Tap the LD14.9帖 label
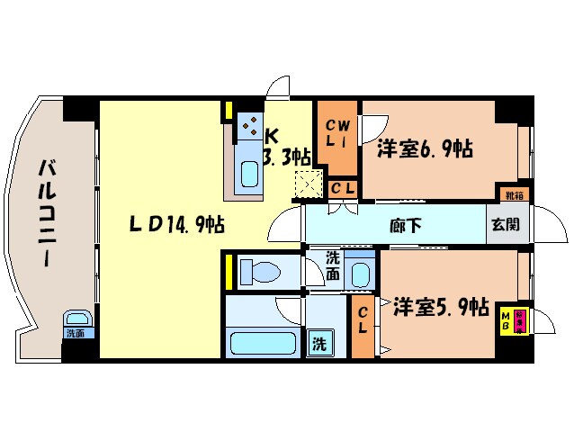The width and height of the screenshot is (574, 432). click(164, 225)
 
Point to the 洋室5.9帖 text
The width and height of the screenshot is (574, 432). click(440, 306)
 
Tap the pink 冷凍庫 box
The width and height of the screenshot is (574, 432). click(520, 319)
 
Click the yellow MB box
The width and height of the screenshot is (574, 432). click(507, 319)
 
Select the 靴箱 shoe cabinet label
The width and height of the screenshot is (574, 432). click(510, 192)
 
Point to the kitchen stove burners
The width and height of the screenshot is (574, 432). click(249, 129)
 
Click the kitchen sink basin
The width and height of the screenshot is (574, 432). click(248, 173)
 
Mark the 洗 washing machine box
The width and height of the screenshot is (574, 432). click(320, 342)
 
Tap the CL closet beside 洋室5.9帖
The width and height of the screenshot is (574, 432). click(362, 319)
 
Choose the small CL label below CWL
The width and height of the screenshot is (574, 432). click(343, 189)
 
